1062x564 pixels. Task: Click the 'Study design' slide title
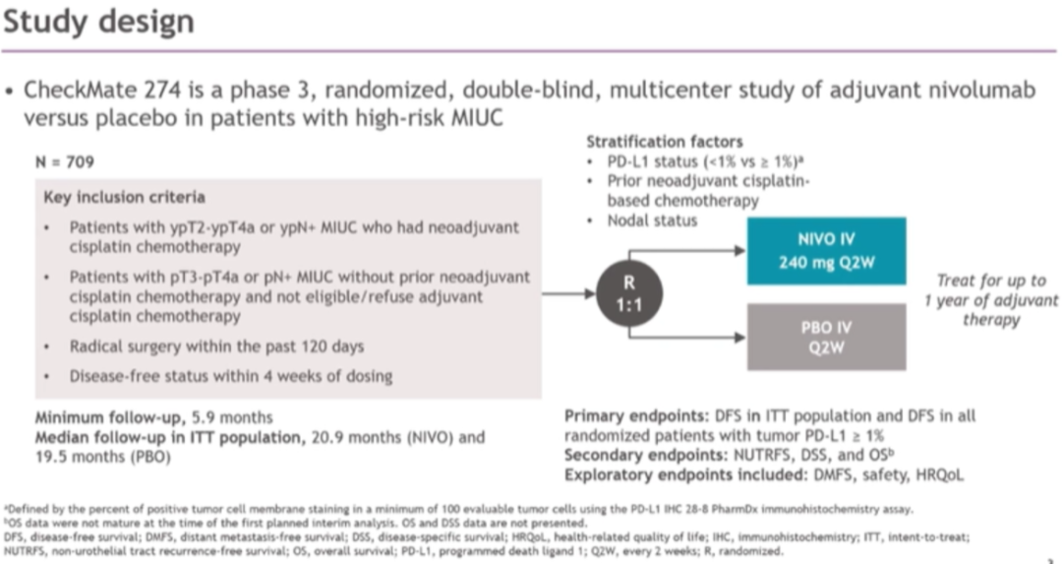[98, 22]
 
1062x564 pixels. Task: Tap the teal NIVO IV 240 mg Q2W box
[826, 251]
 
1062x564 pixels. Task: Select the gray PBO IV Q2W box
[826, 337]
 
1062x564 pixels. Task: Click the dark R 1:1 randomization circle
[630, 293]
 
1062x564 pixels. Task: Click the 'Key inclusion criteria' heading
[125, 197]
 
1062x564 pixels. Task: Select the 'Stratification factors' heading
[651, 143]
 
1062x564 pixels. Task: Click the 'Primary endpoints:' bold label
[630, 416]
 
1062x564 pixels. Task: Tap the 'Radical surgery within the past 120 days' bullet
[216, 345]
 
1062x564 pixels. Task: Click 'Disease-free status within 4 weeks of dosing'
[231, 375]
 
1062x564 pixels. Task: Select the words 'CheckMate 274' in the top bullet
[88, 91]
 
